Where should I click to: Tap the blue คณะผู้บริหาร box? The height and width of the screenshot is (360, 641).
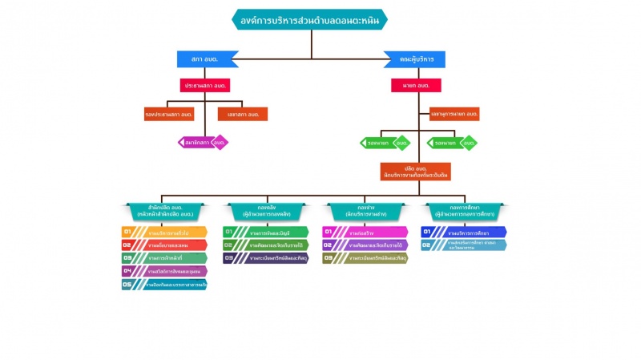414,59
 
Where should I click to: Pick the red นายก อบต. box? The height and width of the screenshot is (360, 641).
414,84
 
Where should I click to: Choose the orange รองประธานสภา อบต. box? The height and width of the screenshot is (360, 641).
169,114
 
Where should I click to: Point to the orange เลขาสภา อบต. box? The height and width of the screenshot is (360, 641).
242,114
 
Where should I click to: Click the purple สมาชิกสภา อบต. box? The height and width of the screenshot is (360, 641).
203,143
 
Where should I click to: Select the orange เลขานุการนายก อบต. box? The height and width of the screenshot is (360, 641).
454,114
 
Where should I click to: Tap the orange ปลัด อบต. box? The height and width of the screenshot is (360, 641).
415,171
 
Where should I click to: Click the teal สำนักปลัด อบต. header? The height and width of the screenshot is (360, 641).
163,212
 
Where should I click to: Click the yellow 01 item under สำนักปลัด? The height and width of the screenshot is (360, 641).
164,233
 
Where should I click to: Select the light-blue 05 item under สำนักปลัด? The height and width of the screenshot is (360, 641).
164,285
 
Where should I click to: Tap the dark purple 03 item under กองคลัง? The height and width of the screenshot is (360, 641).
265,258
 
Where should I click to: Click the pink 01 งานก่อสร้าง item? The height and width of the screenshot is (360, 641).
365,233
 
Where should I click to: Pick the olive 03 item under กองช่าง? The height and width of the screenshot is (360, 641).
365,258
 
